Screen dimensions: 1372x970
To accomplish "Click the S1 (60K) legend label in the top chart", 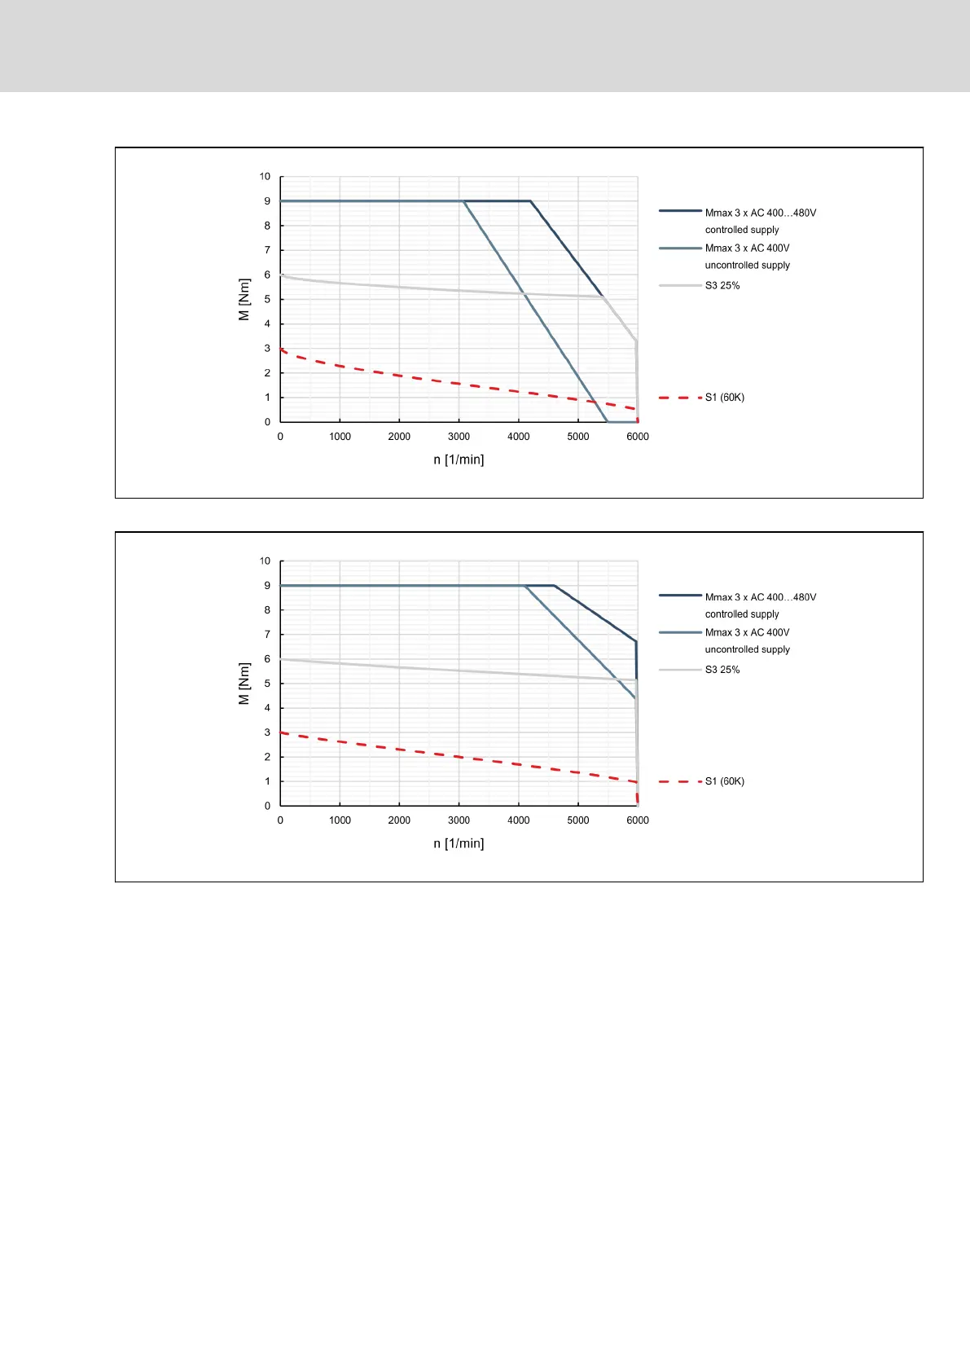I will [x=724, y=398].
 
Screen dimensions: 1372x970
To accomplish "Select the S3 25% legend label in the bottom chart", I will [x=722, y=670].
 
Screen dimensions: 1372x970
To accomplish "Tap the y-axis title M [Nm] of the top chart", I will [x=244, y=299].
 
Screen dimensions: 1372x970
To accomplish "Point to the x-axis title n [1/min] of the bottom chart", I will [x=459, y=843].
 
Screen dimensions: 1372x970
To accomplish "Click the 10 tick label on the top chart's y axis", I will [x=265, y=177].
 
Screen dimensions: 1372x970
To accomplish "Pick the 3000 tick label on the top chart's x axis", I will [x=459, y=437].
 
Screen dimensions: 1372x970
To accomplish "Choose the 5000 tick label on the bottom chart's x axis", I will [x=578, y=820].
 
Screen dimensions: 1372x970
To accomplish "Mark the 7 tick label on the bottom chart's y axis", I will [x=267, y=635].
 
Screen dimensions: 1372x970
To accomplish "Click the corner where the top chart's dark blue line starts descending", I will [x=531, y=201].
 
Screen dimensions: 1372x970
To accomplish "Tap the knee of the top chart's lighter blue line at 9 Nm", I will [x=463, y=201].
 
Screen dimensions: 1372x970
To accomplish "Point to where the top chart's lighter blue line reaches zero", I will [x=608, y=422].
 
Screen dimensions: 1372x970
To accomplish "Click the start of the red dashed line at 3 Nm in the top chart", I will [x=281, y=349].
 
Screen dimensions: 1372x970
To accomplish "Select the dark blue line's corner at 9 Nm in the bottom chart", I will [x=554, y=586].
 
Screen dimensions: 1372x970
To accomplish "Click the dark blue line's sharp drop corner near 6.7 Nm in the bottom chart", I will [x=636, y=642].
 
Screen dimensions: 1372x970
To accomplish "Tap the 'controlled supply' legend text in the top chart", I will [x=742, y=230].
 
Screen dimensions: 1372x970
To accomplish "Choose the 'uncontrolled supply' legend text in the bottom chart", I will [x=747, y=649].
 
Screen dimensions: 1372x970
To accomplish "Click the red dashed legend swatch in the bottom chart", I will [x=680, y=781].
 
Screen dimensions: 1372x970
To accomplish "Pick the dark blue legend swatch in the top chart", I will [x=680, y=211].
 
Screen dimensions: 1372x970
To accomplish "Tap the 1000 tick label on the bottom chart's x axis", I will [x=340, y=820].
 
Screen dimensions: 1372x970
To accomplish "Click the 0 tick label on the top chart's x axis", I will [x=280, y=437].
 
